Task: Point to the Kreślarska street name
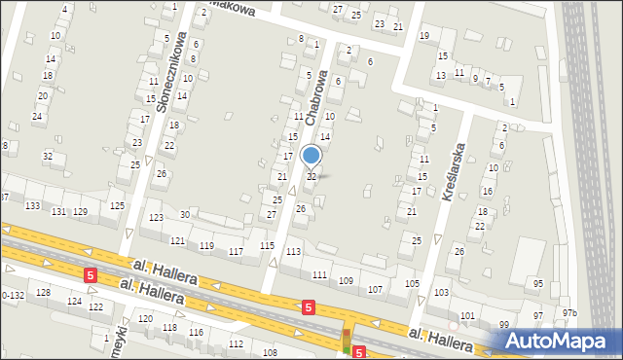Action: (453, 171)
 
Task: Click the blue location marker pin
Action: (311, 156)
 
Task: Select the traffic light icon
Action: (346, 340)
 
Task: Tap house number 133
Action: (32, 206)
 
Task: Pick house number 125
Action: (117, 205)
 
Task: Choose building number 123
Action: (156, 218)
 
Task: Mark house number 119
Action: (206, 246)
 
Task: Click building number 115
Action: (267, 246)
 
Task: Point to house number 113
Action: (293, 252)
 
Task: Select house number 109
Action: (346, 280)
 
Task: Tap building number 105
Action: (412, 283)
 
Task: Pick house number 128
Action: (43, 292)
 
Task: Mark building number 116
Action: (196, 333)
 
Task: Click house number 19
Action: (423, 36)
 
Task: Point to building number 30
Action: (184, 214)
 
